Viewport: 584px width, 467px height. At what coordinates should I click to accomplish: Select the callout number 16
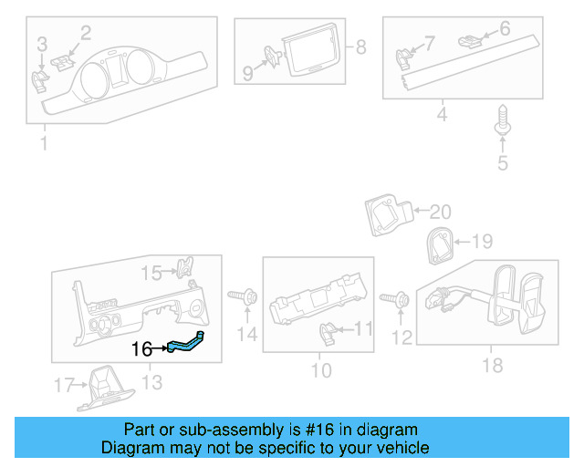click(141, 348)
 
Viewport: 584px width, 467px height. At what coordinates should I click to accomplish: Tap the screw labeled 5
click(501, 122)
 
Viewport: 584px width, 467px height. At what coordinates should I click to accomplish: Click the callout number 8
click(360, 47)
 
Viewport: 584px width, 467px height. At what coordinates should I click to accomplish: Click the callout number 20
click(440, 212)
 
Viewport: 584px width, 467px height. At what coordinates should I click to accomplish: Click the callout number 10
click(320, 372)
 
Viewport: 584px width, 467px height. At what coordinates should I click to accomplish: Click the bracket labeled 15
click(185, 267)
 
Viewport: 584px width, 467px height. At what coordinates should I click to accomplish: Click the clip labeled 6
click(470, 40)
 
